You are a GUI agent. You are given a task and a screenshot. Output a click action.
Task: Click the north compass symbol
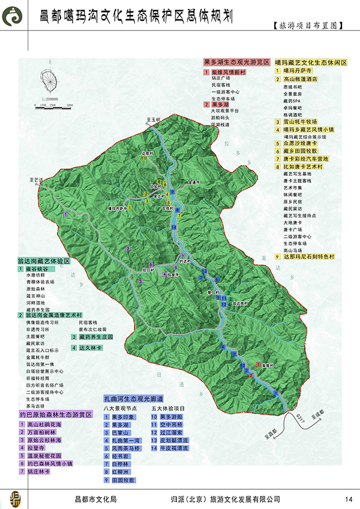click(x=53, y=80)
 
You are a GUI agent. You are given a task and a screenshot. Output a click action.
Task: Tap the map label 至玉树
click(x=155, y=120)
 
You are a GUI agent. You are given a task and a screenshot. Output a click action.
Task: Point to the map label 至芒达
click(x=38, y=179)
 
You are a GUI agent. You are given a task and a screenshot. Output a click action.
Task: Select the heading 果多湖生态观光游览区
click(x=236, y=62)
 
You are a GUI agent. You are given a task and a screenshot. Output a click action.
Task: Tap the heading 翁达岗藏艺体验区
click(x=44, y=262)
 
